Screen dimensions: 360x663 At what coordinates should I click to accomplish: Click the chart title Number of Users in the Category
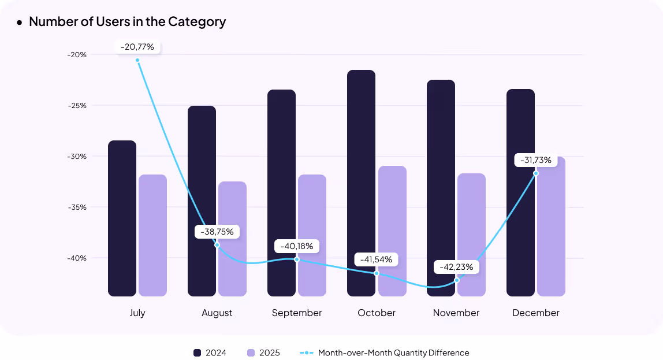click(127, 22)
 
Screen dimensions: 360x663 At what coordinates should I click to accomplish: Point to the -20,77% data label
click(137, 47)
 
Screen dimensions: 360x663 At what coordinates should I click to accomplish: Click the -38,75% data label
click(217, 232)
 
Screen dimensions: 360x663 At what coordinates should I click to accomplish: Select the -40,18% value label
click(297, 246)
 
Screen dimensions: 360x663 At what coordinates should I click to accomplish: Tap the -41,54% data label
click(376, 259)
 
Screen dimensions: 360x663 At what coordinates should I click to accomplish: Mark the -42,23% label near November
click(456, 267)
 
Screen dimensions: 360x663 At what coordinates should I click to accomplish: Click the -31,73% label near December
click(535, 160)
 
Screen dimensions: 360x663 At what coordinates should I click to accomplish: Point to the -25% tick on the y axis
click(77, 106)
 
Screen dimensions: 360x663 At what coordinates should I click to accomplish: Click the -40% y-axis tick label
click(77, 258)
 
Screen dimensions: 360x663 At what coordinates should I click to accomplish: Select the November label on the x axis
click(456, 313)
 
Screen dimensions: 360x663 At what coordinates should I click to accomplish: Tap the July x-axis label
click(137, 313)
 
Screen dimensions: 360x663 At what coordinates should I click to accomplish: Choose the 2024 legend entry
click(210, 352)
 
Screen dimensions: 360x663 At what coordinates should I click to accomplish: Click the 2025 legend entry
click(263, 352)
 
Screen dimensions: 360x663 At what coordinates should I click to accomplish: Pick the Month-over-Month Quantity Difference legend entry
click(385, 352)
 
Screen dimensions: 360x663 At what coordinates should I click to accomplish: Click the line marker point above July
click(137, 60)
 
